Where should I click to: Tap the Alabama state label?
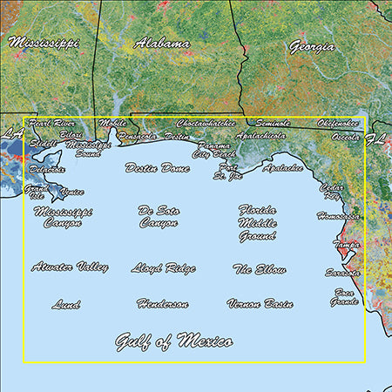[x=163, y=43]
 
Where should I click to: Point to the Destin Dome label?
[x=158, y=167]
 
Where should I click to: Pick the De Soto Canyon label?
[x=159, y=216]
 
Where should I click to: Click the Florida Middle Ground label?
[x=258, y=223]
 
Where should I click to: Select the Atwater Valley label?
[x=70, y=267]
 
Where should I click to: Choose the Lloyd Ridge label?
[x=163, y=268]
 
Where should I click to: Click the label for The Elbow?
[x=260, y=270]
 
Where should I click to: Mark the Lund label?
[x=66, y=305]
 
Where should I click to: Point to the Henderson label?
[x=162, y=304]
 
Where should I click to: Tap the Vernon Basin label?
[x=260, y=304]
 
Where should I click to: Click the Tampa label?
[x=347, y=246]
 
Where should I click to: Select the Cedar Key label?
[x=332, y=191]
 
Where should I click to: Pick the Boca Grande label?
[x=343, y=297]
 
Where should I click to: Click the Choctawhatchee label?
[x=206, y=124]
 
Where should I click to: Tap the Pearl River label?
[x=52, y=124]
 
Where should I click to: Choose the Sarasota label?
[x=346, y=272]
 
